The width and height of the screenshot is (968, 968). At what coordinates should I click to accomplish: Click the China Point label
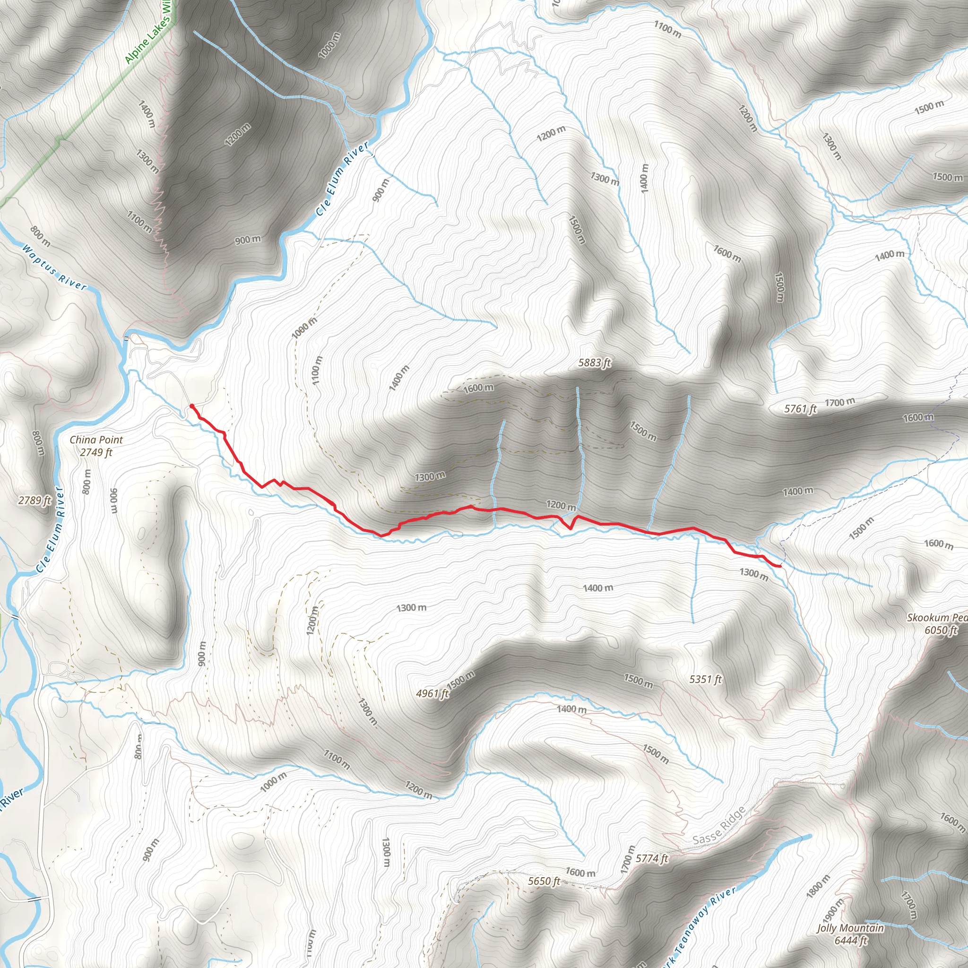coord(96,440)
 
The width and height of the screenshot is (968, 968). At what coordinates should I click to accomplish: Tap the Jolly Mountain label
coord(850,928)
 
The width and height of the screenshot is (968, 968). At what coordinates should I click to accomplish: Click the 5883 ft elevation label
coord(594,362)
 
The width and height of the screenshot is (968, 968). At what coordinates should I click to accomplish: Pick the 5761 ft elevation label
coord(800,409)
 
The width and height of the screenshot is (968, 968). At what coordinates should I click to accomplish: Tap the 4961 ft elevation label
coord(432,693)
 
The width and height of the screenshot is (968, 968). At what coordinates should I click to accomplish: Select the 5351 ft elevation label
coord(706,679)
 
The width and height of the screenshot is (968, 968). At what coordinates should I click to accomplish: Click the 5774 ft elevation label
coord(652,859)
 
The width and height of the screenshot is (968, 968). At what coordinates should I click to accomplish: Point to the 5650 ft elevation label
coord(544,881)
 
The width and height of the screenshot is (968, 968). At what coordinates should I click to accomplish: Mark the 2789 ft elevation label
coord(35,500)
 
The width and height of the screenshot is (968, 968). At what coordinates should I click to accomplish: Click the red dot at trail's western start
coord(192,406)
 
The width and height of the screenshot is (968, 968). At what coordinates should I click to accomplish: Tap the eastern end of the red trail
coord(780,566)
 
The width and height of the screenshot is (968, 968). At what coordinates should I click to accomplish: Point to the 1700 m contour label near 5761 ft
coord(840,402)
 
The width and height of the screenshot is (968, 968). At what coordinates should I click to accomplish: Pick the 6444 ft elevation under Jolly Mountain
coord(851,941)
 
